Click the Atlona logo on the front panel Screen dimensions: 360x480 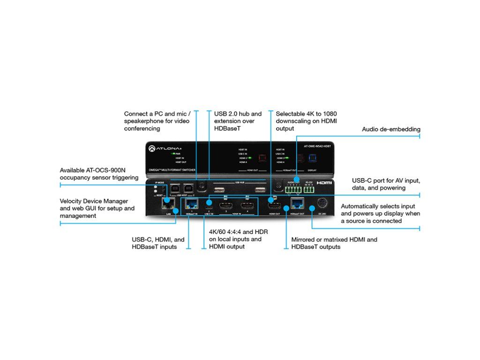tap(162, 148)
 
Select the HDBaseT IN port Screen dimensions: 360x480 tap(191, 203)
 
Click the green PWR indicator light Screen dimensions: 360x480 tap(173, 153)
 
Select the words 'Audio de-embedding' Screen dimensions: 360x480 tap(391, 129)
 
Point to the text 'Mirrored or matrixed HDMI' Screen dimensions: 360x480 tap(334, 240)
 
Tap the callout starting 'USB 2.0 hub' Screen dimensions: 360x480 tap(238, 114)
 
